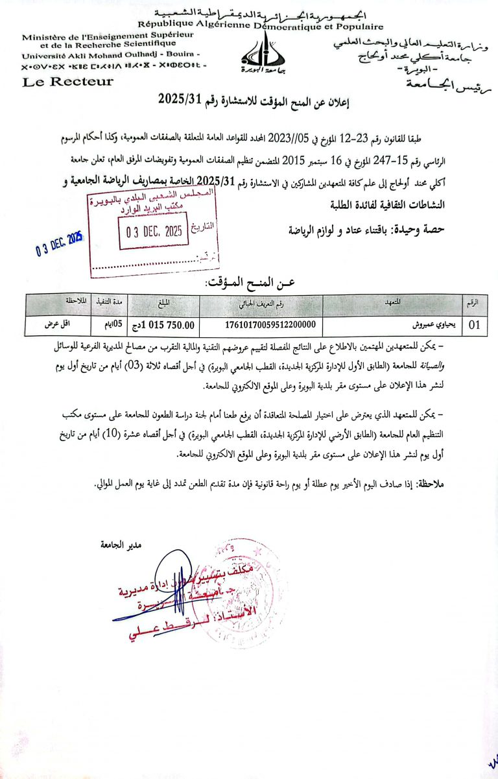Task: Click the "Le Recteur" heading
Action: point(68,82)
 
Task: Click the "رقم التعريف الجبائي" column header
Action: point(270,302)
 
